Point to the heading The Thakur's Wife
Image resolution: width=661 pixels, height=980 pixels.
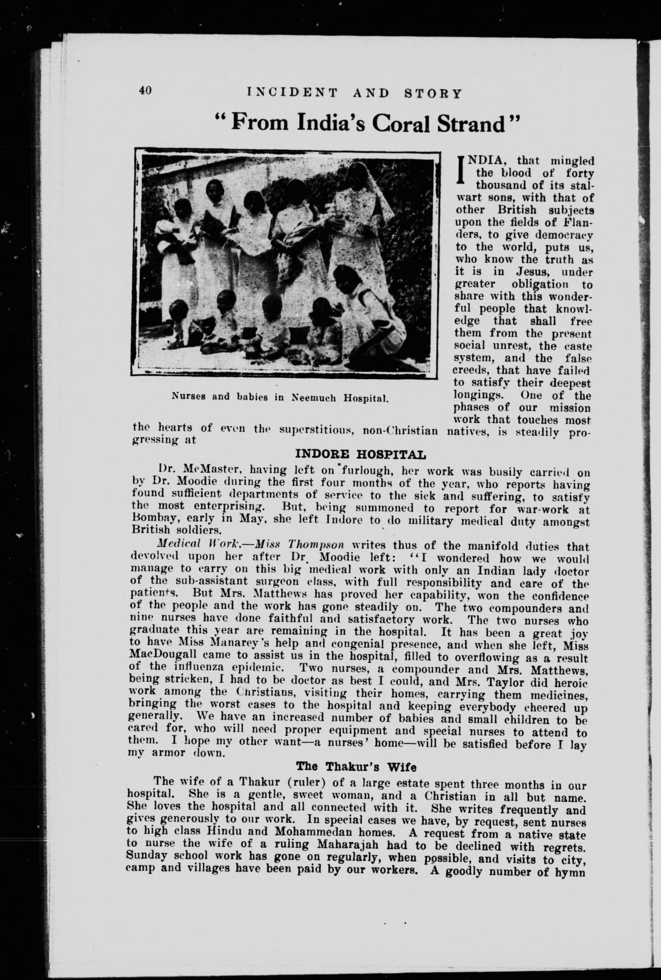pos(356,766)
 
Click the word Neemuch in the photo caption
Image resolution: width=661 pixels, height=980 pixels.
pos(314,397)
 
